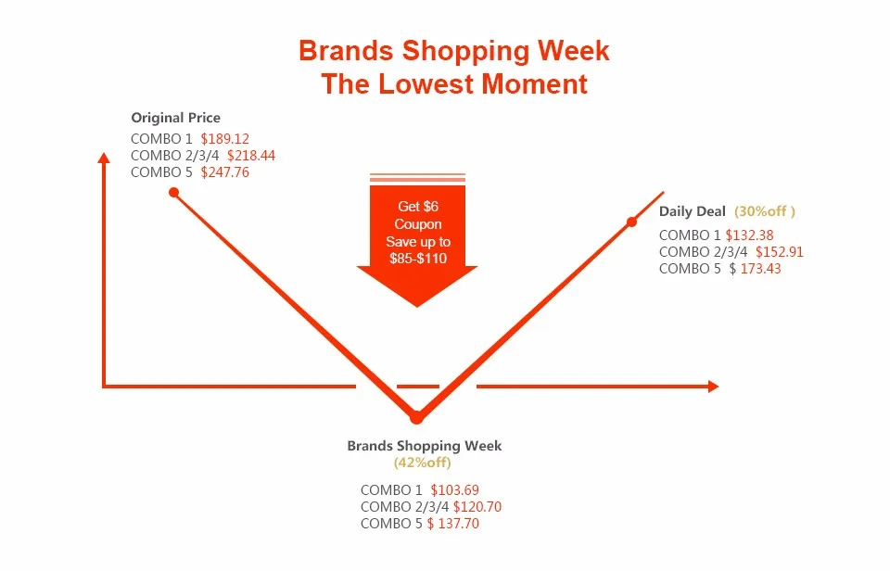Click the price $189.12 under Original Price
point(224,139)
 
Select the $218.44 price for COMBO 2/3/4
point(251,156)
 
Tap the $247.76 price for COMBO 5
point(224,172)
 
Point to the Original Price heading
point(176,118)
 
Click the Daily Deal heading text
point(692,211)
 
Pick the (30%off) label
point(765,211)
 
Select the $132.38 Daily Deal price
point(749,235)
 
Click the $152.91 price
point(780,252)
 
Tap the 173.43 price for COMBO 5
point(760,269)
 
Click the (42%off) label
point(423,463)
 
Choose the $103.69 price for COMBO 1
point(454,490)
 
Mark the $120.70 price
point(477,507)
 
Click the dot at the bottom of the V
point(416,418)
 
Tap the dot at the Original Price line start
point(173,193)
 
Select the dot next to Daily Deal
point(631,222)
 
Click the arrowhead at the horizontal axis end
point(714,387)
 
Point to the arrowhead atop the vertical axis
point(104,158)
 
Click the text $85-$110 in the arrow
point(418,259)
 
